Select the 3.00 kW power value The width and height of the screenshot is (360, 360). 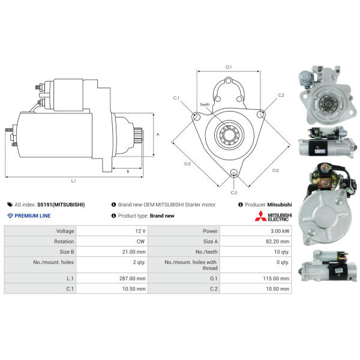tap(280, 231)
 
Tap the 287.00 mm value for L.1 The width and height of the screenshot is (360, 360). tap(132, 278)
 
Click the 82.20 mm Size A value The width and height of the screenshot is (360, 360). tap(278, 241)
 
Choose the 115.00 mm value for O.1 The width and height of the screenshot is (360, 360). tap(276, 278)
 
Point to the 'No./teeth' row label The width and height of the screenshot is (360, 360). tap(206, 251)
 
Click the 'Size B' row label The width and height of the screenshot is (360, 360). tap(67, 251)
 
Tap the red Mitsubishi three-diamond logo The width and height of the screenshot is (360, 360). tap(260, 216)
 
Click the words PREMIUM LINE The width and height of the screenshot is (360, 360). tap(32, 215)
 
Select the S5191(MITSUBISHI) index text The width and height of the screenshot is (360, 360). tap(61, 205)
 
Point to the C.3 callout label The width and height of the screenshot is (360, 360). tap(234, 193)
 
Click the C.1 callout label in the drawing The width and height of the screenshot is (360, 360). tap(176, 98)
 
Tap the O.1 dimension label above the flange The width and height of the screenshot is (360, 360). tap(229, 67)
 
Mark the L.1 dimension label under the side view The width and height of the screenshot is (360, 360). tap(73, 181)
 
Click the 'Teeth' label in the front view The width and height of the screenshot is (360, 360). tap(205, 104)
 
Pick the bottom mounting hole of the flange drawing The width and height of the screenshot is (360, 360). tap(234, 173)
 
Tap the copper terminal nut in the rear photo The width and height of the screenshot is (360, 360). tap(325, 182)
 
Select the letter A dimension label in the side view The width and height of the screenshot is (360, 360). tap(158, 134)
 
